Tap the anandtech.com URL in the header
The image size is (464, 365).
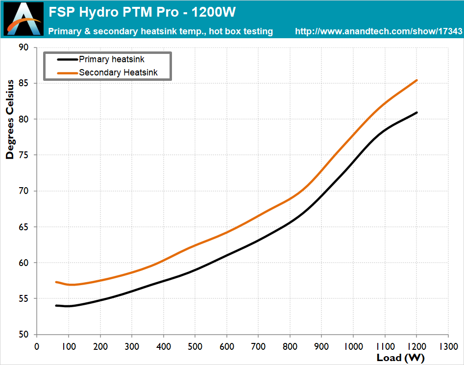click(379, 31)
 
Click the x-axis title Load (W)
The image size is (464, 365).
click(400, 358)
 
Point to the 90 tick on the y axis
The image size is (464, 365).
click(24, 48)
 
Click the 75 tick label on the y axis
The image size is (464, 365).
click(24, 155)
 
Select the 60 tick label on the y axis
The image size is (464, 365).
click(24, 263)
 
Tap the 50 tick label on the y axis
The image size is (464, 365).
click(24, 335)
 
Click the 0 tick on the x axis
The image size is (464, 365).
click(37, 346)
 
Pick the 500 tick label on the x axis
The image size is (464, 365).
click(195, 346)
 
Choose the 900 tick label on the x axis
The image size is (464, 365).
click(321, 346)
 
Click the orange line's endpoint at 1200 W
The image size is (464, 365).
click(416, 80)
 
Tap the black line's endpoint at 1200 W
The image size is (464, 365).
click(416, 113)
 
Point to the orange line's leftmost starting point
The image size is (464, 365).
click(56, 282)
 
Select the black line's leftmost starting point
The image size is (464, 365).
click(56, 306)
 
